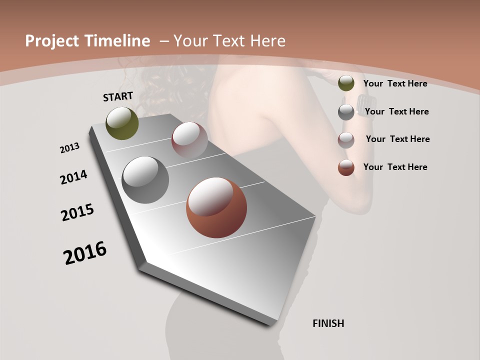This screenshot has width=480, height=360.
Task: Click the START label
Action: [x=118, y=96]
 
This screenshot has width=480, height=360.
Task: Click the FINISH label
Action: [x=328, y=323]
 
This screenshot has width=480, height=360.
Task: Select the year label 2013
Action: [x=70, y=148]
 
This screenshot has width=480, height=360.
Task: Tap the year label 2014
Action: [x=74, y=177]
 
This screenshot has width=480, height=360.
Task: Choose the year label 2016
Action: [x=85, y=253]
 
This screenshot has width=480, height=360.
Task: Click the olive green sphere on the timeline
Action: [x=122, y=123]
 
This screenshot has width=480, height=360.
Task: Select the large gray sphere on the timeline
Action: [x=145, y=180]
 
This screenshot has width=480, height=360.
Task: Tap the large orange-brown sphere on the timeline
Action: [x=216, y=207]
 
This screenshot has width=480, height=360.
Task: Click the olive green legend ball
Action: [x=346, y=83]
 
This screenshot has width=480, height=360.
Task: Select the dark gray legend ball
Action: [x=346, y=112]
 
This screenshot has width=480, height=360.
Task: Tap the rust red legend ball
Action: [x=346, y=167]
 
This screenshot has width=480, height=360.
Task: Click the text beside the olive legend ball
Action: [x=395, y=83]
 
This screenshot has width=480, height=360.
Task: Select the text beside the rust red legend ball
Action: [x=395, y=167]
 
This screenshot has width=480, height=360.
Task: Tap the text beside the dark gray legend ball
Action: [x=396, y=111]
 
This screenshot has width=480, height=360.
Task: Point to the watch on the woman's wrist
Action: [x=360, y=103]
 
